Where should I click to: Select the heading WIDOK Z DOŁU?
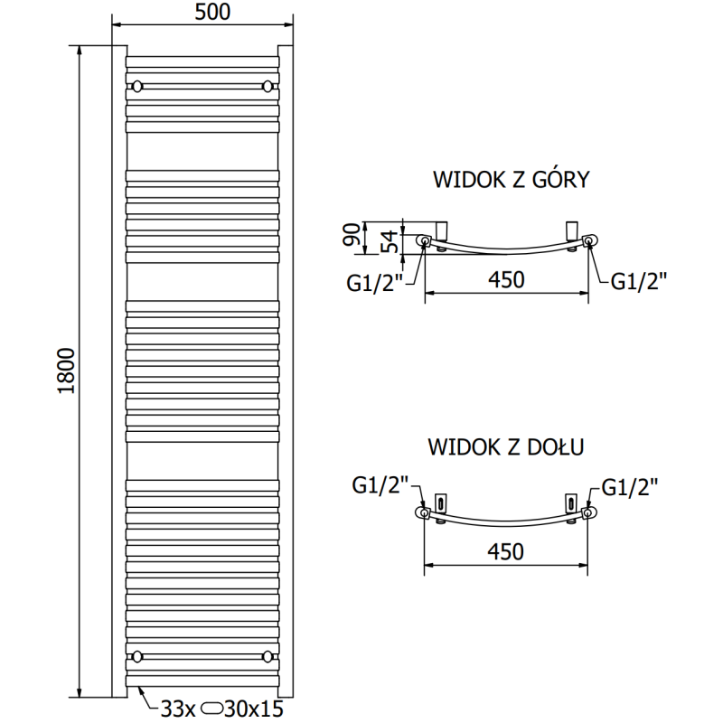tap(506, 446)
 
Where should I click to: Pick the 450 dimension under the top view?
tap(506, 280)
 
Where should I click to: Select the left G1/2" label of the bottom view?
tap(380, 486)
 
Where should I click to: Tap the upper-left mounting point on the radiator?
tap(137, 87)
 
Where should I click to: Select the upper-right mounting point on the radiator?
tap(267, 87)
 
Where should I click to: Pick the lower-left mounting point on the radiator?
tap(137, 655)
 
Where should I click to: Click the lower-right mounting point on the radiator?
tap(267, 655)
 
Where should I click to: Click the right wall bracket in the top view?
tap(572, 227)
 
